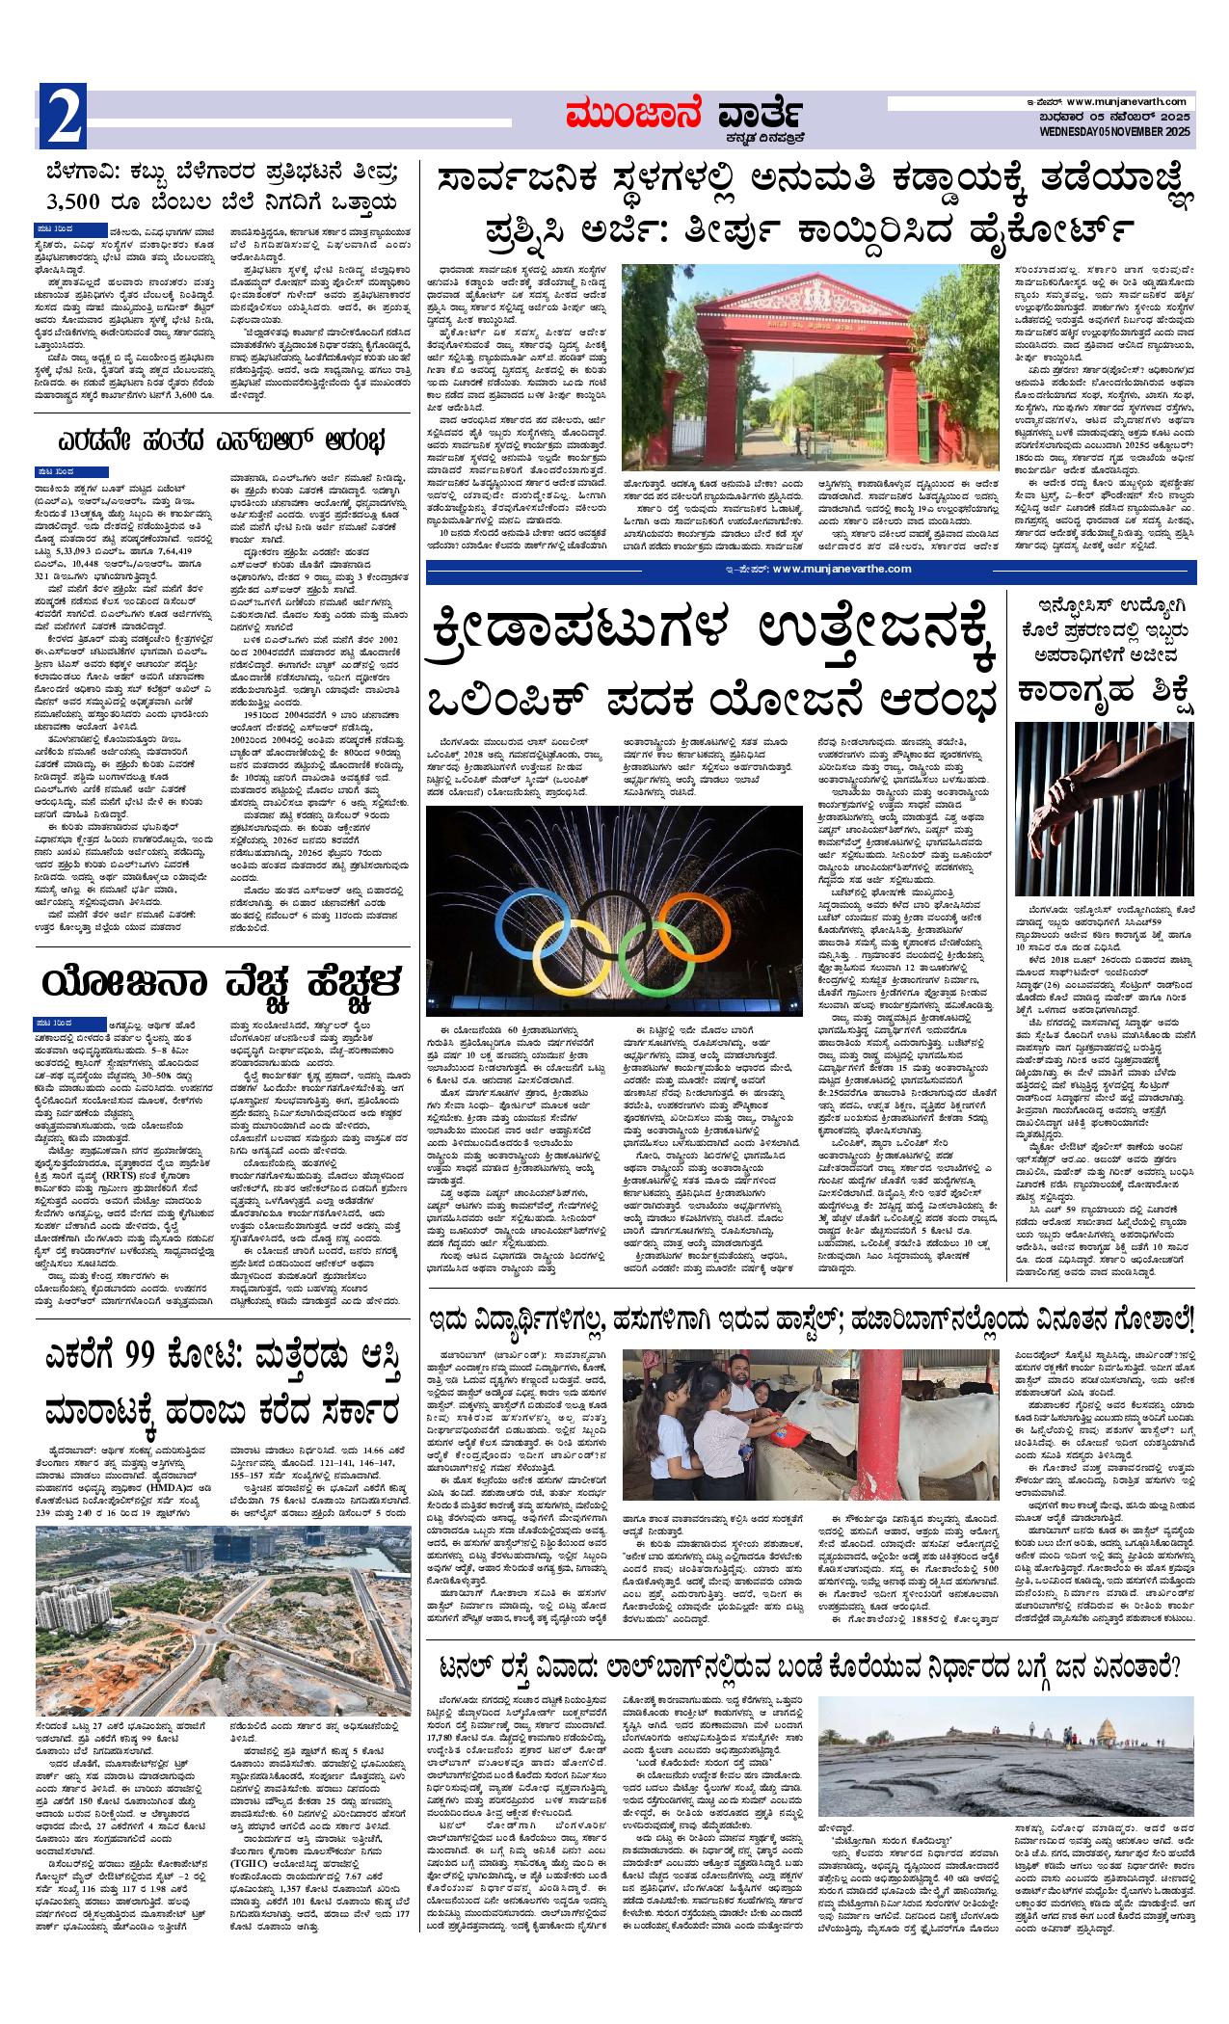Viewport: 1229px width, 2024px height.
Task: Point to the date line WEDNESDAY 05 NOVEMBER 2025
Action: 1115,131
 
